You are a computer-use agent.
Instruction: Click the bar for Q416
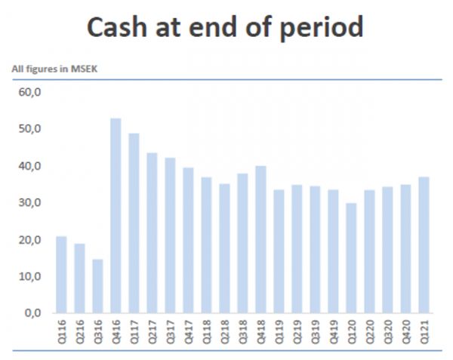point(116,215)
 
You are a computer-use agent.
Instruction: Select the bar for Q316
point(97,286)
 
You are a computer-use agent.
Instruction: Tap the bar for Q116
point(61,275)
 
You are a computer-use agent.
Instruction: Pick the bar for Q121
point(424,245)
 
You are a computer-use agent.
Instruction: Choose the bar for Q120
point(352,257)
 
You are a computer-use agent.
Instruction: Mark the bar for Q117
point(134,223)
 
